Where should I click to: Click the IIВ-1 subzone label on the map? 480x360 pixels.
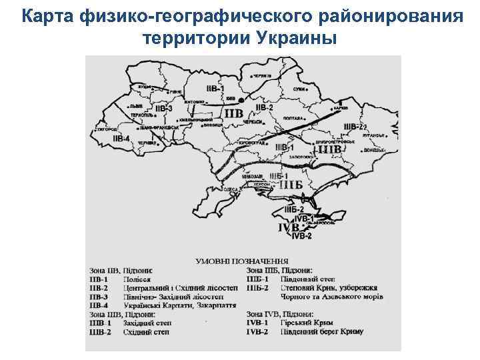pyautogui.click(x=215, y=89)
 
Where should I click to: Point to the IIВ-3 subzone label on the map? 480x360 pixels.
pyautogui.click(x=163, y=108)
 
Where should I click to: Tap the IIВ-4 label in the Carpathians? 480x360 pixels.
pyautogui.click(x=121, y=139)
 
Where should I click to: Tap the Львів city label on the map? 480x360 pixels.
pyautogui.click(x=136, y=105)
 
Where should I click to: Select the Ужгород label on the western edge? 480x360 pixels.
pyautogui.click(x=107, y=129)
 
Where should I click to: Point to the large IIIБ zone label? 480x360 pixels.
pyautogui.click(x=291, y=184)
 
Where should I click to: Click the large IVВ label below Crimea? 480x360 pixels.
pyautogui.click(x=289, y=227)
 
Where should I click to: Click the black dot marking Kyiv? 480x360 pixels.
pyautogui.click(x=231, y=100)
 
